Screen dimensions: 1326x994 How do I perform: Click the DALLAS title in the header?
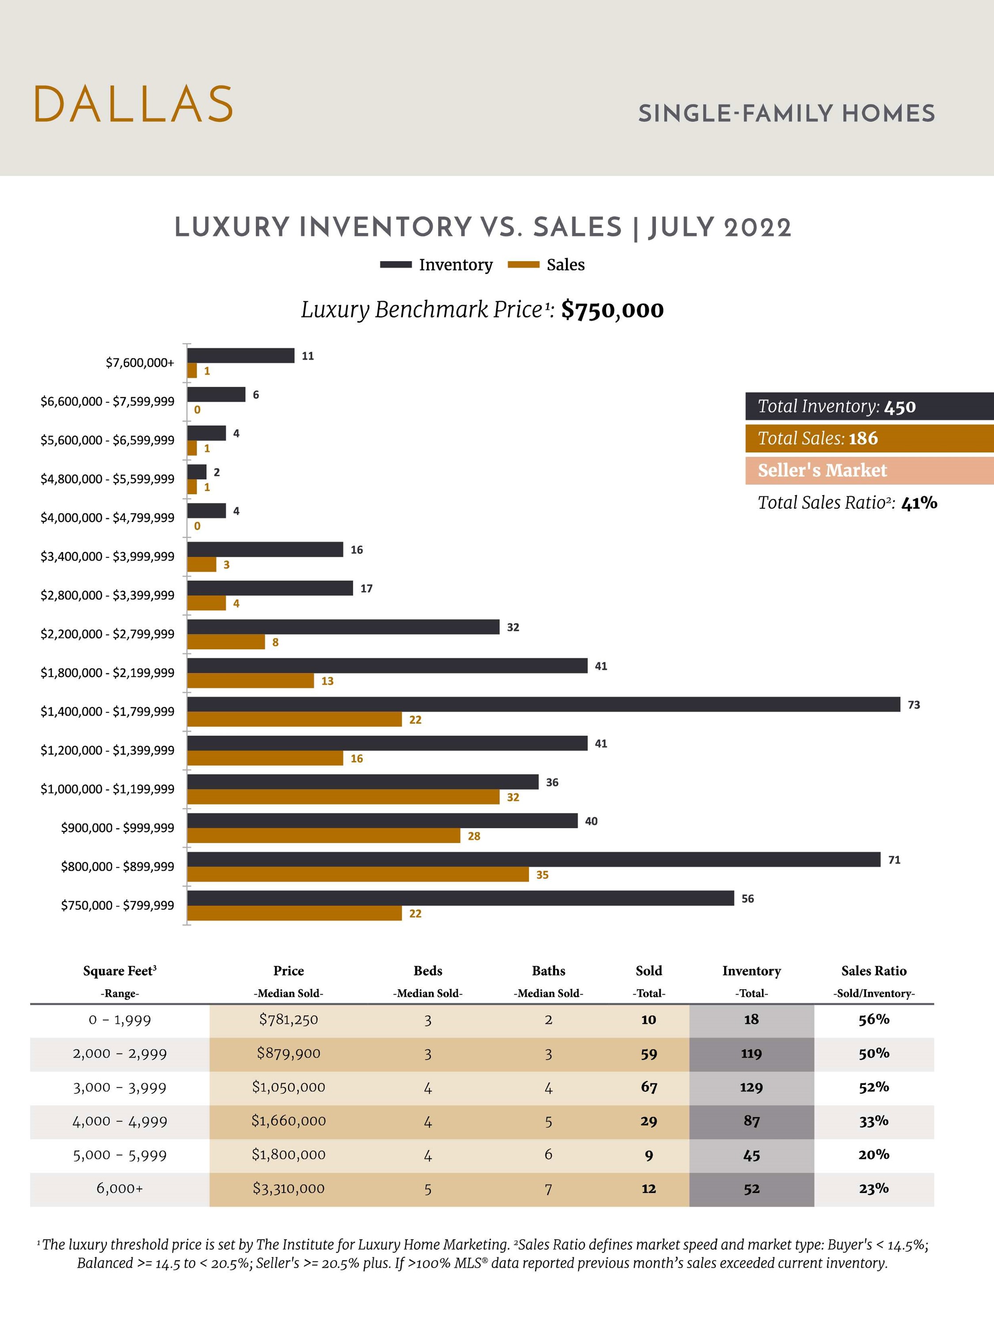click(133, 104)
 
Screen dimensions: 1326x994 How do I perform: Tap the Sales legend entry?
click(546, 265)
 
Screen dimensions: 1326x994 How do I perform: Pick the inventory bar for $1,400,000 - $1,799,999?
click(543, 705)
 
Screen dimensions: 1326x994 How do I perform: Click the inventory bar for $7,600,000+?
click(240, 355)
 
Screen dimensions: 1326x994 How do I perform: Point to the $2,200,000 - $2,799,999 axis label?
click(107, 634)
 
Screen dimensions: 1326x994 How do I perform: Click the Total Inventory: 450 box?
click(869, 407)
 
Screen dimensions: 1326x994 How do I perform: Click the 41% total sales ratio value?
click(918, 503)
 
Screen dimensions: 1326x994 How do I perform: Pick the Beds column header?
click(427, 971)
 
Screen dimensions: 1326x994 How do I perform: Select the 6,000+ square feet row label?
click(119, 1188)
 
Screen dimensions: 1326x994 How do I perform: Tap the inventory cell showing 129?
click(751, 1087)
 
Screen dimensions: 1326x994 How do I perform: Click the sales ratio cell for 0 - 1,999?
click(873, 1020)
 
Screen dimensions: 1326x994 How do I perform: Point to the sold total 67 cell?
click(649, 1087)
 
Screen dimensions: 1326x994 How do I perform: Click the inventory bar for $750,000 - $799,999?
click(460, 898)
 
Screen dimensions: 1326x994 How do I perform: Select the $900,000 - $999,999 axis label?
click(118, 828)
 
